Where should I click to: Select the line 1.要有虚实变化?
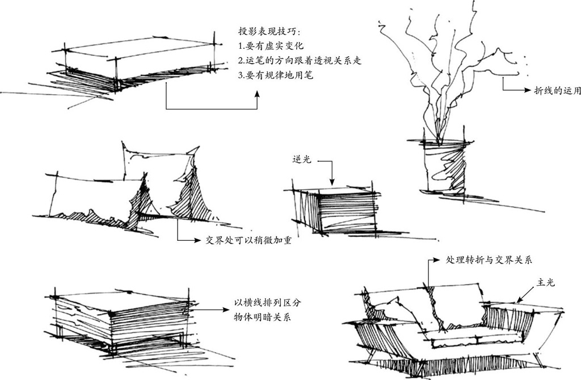pos(271,45)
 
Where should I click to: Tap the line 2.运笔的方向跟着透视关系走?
pos(300,60)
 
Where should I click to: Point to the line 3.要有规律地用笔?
pos(275,75)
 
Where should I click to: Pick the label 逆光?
pos(301,160)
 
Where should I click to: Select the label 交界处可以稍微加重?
pos(249,240)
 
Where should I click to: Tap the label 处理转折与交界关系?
pos(489,260)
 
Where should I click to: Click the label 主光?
pos(546,282)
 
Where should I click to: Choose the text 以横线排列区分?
pos(267,303)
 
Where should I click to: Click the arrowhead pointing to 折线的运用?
pos(528,90)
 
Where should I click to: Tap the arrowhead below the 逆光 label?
pos(332,182)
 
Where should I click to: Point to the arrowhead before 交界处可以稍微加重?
pos(197,240)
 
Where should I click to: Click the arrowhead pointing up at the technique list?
pos(257,95)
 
